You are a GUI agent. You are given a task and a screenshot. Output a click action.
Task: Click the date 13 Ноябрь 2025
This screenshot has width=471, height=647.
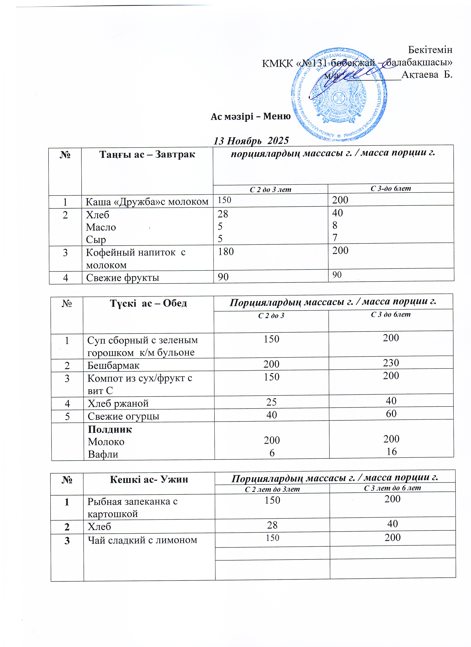click(251, 141)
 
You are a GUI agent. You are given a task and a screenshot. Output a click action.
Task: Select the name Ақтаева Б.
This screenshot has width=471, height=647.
click(427, 75)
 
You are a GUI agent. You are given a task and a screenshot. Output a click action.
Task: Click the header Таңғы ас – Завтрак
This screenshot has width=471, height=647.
click(147, 155)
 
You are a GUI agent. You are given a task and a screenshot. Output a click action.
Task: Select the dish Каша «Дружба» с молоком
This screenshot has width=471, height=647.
click(147, 202)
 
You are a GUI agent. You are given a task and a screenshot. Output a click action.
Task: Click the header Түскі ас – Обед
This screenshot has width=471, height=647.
click(148, 303)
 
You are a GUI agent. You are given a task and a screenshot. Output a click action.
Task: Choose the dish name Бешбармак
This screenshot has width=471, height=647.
click(113, 365)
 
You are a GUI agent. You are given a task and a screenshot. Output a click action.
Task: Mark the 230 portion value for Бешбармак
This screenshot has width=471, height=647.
click(391, 363)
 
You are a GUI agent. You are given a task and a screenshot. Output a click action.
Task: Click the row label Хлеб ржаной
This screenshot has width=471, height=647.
click(118, 403)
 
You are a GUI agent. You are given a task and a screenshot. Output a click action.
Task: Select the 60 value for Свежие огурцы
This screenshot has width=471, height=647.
click(391, 413)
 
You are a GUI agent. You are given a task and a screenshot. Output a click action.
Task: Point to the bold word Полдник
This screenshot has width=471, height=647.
click(110, 429)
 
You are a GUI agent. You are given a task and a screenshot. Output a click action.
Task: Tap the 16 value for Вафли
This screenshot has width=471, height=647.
click(392, 451)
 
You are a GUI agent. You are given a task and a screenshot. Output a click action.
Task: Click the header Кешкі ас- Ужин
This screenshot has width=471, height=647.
click(149, 480)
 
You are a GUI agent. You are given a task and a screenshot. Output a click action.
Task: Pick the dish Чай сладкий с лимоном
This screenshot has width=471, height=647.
click(142, 540)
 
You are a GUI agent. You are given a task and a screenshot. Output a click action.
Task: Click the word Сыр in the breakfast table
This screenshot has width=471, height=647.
click(96, 240)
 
